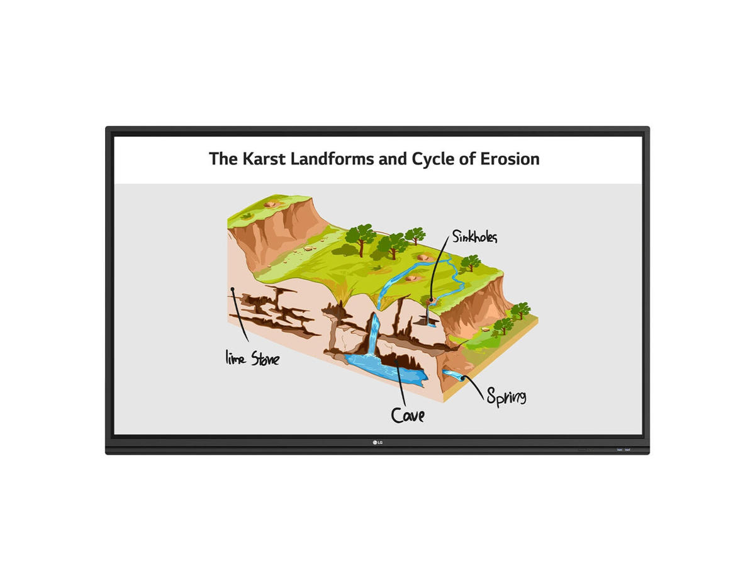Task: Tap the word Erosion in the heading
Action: [x=510, y=159]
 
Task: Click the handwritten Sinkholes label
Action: [x=474, y=236]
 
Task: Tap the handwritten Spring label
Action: [x=506, y=397]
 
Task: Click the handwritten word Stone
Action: [x=266, y=358]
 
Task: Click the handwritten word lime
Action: [x=235, y=357]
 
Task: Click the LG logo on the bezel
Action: [x=377, y=442]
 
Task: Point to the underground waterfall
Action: [x=373, y=334]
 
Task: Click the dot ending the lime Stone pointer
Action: [x=233, y=289]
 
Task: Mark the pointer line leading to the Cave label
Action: [x=401, y=383]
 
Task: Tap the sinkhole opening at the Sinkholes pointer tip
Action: [x=432, y=302]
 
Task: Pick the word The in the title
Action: [x=223, y=159]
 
